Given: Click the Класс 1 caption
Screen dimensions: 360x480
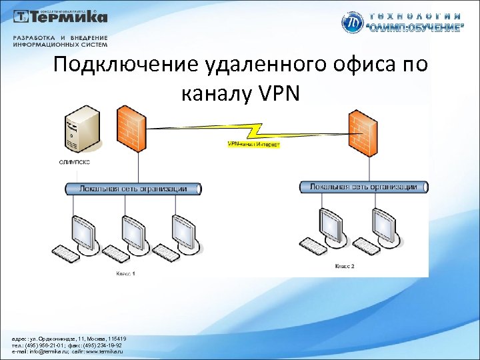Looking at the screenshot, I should click(x=126, y=273).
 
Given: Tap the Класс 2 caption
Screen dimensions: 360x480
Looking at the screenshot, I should click(x=345, y=266).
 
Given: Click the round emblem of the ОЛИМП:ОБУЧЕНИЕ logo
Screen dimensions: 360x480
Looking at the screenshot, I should click(x=353, y=23).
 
